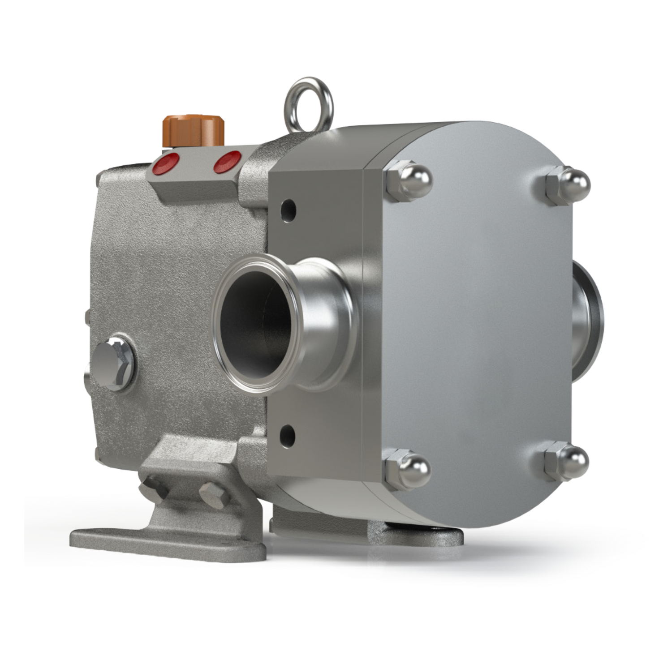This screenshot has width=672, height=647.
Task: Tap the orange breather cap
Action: (187, 132)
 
